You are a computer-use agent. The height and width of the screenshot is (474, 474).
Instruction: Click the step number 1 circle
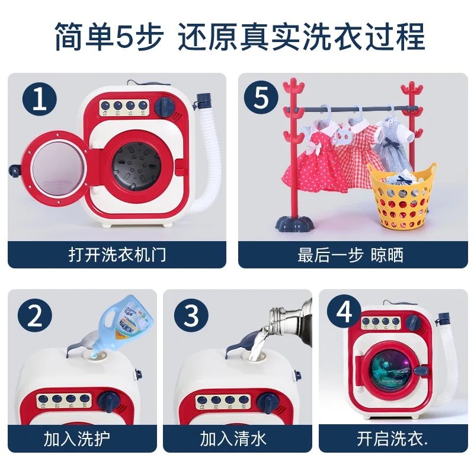[x=39, y=99]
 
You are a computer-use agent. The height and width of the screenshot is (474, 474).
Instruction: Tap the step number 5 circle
[x=261, y=98]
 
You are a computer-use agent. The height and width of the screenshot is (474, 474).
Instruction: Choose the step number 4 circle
[x=345, y=312]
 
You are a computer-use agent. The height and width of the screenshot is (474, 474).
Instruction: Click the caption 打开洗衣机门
[x=117, y=255]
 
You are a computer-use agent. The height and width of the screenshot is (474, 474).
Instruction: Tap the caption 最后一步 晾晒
[x=350, y=255]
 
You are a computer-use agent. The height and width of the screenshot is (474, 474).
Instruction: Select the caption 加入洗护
[x=76, y=439]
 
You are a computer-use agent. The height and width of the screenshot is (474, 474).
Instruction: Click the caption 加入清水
[x=233, y=439]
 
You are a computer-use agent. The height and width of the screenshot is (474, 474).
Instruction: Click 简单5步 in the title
[x=110, y=37]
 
